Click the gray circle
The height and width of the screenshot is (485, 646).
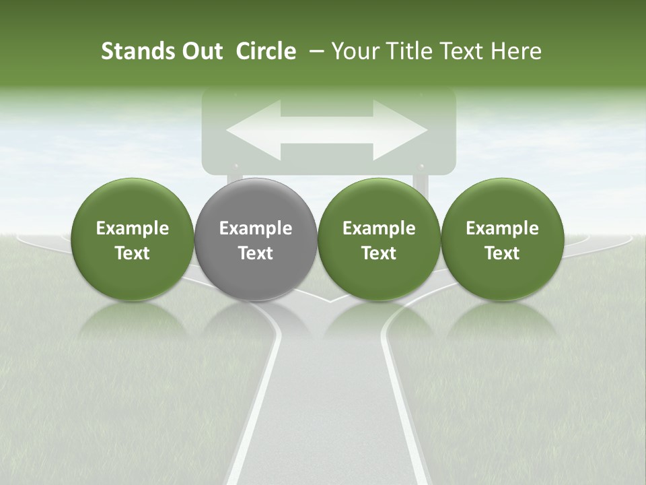pyautogui.click(x=256, y=239)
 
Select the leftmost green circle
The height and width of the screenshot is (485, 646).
pyautogui.click(x=133, y=239)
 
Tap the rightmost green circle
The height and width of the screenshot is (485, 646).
pyautogui.click(x=502, y=239)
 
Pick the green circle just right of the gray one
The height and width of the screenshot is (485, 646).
pyautogui.click(x=379, y=239)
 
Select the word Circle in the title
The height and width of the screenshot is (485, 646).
pyautogui.click(x=266, y=51)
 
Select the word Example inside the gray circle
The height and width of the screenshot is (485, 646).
pyautogui.click(x=256, y=228)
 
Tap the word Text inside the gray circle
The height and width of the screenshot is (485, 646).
pyautogui.click(x=256, y=253)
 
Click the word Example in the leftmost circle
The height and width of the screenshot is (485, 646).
pyautogui.click(x=133, y=228)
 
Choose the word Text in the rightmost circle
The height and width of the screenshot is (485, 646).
pyautogui.click(x=502, y=253)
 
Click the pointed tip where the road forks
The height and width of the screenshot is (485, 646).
pyautogui.click(x=328, y=300)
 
